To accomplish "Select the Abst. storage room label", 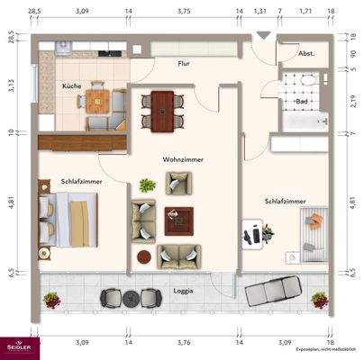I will [x=306, y=52].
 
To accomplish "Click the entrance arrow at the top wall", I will [x=262, y=35].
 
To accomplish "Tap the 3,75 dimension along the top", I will [x=184, y=11].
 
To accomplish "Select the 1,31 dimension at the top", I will [x=260, y=11].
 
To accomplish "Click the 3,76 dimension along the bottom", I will [x=184, y=343].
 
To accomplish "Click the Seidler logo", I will [x=18, y=346].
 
